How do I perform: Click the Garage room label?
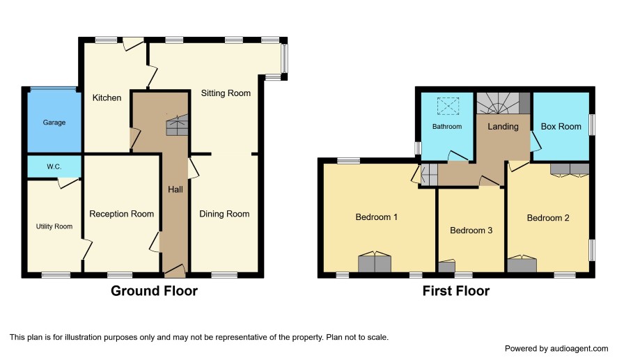54,123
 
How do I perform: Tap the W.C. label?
54,167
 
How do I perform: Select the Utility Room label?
54,226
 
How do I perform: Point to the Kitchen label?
107,97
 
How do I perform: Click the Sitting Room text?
226,93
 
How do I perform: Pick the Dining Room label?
224,214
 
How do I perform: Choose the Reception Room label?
121,214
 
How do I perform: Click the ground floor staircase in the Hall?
177,125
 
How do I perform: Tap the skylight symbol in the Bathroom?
448,107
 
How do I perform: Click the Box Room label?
561,127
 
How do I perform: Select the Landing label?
503,127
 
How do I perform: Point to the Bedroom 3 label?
471,230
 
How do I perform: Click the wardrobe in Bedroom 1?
375,262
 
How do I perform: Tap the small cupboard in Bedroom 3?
446,266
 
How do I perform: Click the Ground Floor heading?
154,291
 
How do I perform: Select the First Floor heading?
456,291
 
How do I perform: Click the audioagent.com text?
579,349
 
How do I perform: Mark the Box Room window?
592,125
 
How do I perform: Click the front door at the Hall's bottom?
175,270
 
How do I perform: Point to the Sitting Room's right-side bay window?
285,58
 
